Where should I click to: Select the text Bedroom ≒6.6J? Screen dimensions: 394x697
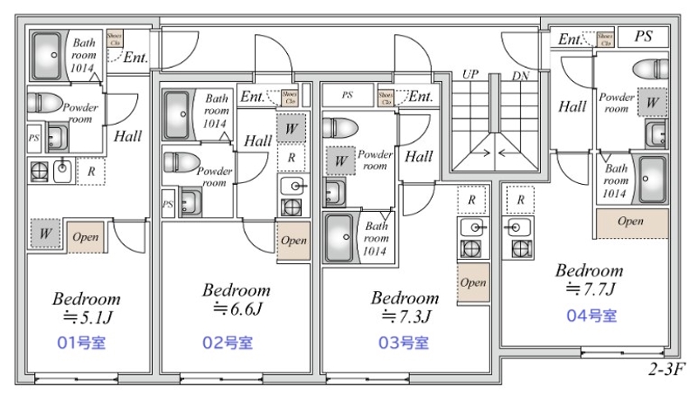pos(236,298)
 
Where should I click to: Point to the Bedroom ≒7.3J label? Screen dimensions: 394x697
pos(406,306)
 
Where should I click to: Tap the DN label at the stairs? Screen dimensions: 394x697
pos(521,75)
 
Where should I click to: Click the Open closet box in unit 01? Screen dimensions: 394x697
pos(85,236)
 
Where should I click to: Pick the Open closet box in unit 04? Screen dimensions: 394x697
pos(631,222)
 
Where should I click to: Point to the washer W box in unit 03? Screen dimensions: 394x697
pos(339,160)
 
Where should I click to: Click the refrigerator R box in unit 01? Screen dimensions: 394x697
pos(90,172)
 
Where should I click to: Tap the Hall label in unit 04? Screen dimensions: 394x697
pos(572,107)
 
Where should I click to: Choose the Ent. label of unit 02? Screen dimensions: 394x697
pos(252,97)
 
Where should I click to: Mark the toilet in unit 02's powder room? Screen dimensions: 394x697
pos(180,161)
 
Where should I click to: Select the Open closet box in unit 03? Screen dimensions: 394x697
pos(474,282)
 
